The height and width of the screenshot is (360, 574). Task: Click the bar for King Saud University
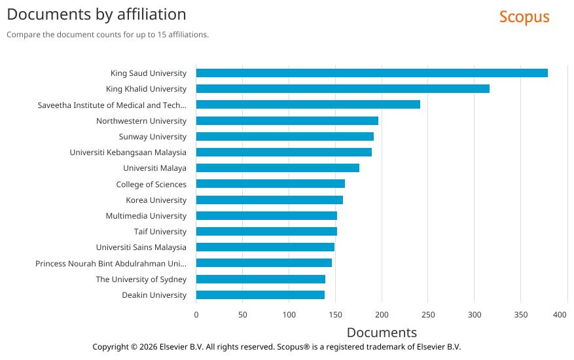tap(372, 73)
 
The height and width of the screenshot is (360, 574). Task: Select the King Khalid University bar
tap(342, 88)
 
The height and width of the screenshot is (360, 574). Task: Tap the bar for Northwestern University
tap(287, 120)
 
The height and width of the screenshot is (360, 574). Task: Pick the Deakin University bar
tap(260, 295)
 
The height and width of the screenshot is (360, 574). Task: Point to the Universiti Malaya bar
tap(278, 168)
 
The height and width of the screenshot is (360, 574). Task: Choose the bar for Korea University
tap(269, 200)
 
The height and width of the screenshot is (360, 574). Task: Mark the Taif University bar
tap(266, 232)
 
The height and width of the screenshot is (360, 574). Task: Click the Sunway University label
tap(152, 137)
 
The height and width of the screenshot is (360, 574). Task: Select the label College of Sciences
tap(151, 185)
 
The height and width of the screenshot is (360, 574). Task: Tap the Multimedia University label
tap(146, 216)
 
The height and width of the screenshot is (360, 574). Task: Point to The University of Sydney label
tap(141, 279)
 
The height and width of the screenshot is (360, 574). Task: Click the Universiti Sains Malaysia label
tap(141, 247)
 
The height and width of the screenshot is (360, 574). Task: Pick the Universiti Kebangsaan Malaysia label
tap(128, 153)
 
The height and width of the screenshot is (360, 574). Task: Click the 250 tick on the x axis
tap(427, 315)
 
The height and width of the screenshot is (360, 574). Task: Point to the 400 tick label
tap(560, 315)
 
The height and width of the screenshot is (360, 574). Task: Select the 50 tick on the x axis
tap(242, 315)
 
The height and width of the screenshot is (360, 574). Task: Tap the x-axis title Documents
tap(382, 333)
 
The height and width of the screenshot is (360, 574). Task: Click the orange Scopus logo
tap(524, 17)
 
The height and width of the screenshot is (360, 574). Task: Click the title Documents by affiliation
tap(96, 14)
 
